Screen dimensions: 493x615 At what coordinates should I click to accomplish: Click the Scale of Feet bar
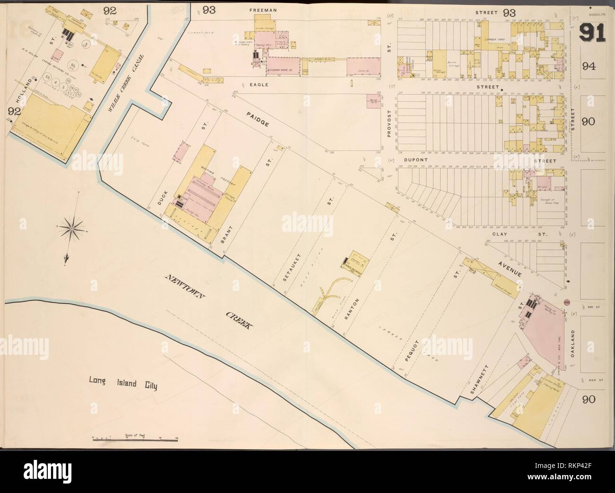(135, 439)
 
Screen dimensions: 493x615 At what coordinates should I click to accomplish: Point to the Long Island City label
(123, 381)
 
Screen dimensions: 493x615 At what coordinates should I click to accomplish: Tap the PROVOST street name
(389, 126)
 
